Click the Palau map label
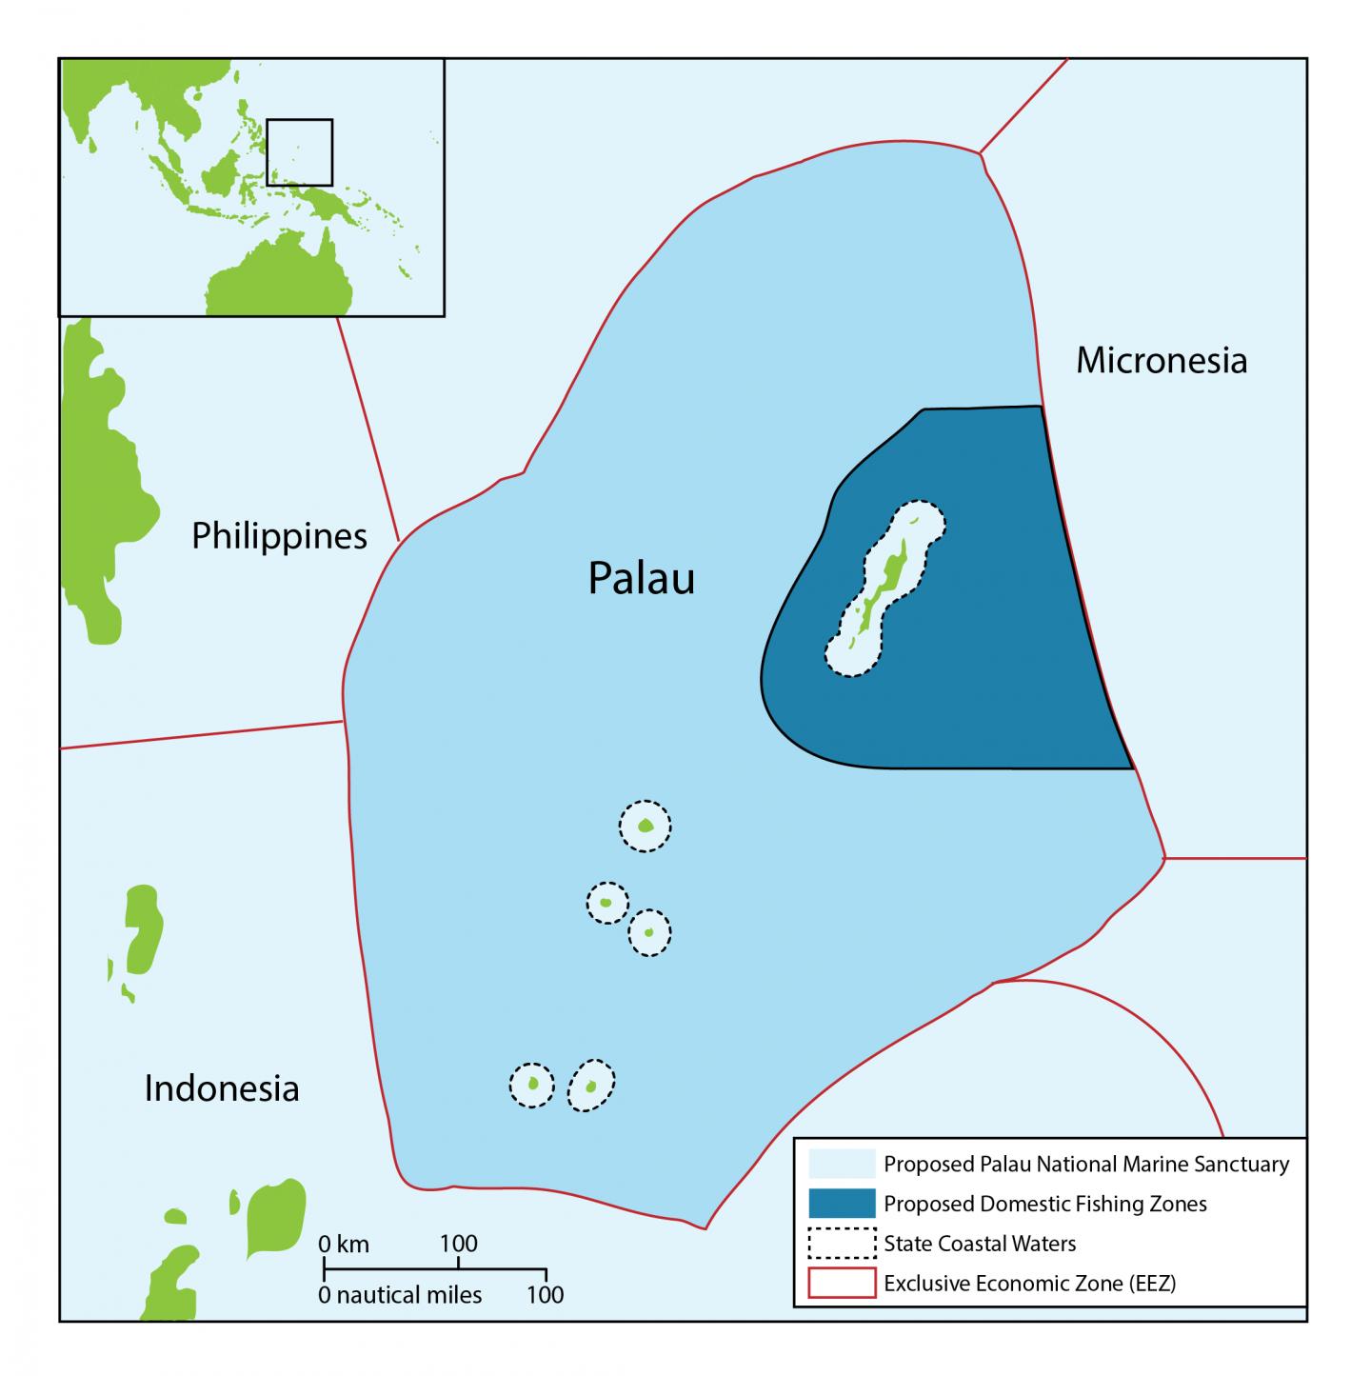641,578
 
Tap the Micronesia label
1161,361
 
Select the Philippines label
279,536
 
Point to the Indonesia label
222,1087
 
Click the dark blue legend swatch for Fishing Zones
841,1204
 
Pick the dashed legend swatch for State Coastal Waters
841,1244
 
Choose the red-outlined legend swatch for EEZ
841,1284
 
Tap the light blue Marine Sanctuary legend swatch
841,1164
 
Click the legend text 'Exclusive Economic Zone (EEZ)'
1029,1284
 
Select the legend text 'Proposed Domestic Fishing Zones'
1044,1204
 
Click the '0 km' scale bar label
344,1244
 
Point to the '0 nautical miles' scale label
400,1295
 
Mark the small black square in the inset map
299,152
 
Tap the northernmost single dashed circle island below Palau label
645,826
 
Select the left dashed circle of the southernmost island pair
531,1085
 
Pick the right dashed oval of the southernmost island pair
591,1085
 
